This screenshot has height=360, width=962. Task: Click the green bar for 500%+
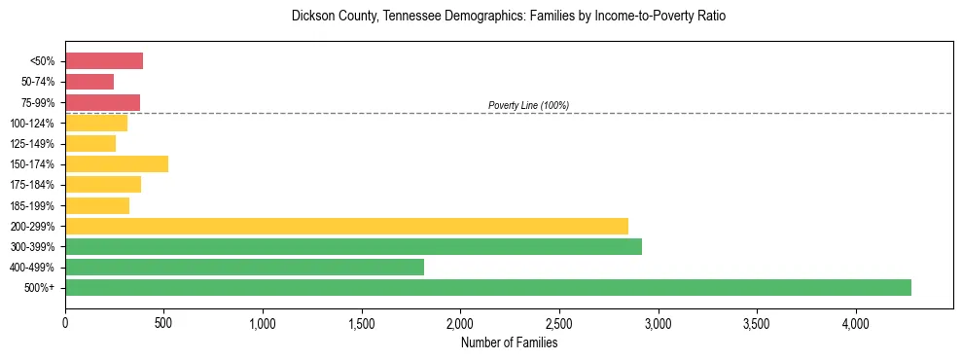[x=488, y=287]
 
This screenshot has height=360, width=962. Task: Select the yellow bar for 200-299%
[x=346, y=226]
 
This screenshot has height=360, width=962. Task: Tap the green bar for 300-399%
[x=353, y=246]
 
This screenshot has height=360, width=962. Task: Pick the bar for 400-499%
[x=244, y=267]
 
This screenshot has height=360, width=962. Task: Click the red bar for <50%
[x=104, y=61]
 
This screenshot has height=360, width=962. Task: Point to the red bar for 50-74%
[x=89, y=82]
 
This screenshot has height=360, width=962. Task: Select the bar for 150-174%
[x=117, y=163]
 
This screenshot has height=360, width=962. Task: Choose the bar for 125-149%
[x=90, y=143]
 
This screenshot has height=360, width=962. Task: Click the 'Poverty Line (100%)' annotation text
[x=528, y=105]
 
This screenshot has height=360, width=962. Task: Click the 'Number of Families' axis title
[x=509, y=342]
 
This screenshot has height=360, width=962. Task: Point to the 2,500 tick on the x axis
[x=559, y=322]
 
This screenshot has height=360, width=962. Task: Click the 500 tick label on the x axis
[x=163, y=322]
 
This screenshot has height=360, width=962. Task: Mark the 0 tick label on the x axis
[x=65, y=322]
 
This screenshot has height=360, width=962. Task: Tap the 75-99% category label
[x=37, y=102]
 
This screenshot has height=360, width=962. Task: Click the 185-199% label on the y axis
[x=34, y=205]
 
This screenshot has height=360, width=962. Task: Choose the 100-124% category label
[x=34, y=123]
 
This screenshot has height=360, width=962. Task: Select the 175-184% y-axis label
[x=34, y=185]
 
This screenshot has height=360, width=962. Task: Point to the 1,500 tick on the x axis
[x=362, y=322]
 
